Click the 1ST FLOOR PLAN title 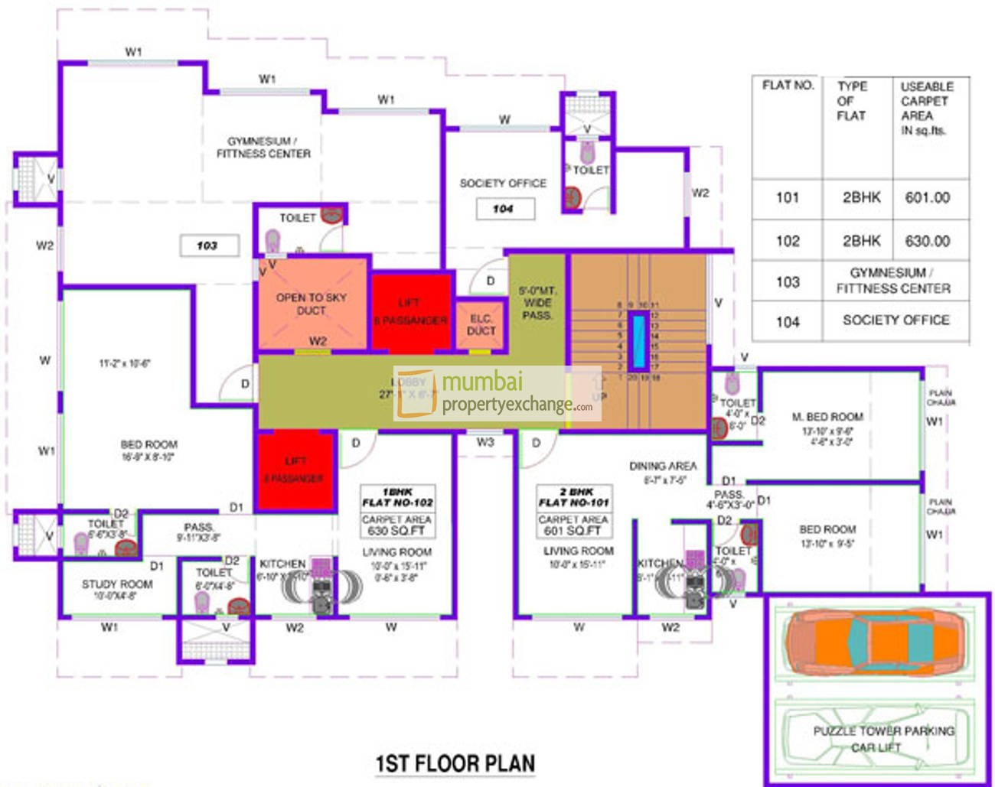[x=455, y=763]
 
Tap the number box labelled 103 [x=209, y=246]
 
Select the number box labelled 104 [x=504, y=209]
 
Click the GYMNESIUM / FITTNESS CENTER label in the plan [x=263, y=148]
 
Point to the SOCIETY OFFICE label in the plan [x=503, y=184]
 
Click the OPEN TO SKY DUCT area [x=311, y=304]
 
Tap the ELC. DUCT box [x=481, y=324]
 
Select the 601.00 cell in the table [x=927, y=197]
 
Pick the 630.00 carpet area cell [x=927, y=241]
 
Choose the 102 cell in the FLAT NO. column [x=788, y=241]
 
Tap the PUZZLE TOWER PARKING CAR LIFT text [x=882, y=738]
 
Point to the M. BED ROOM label [x=827, y=417]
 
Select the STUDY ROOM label [x=117, y=584]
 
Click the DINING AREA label [x=663, y=466]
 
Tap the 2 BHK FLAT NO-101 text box [x=574, y=497]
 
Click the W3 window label [x=485, y=442]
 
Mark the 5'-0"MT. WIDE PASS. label [x=537, y=303]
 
